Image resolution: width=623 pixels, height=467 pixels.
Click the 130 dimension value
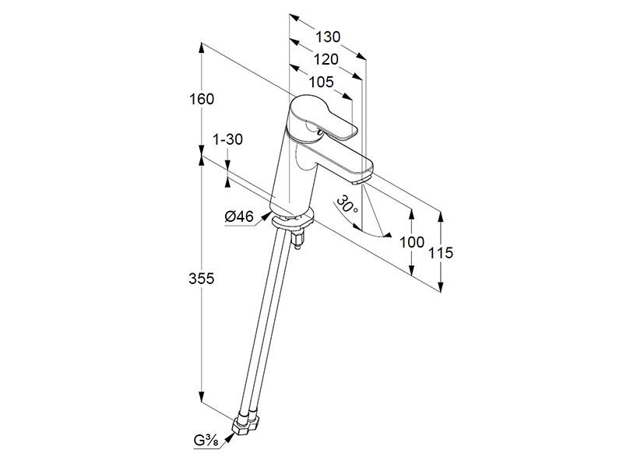point(328,37)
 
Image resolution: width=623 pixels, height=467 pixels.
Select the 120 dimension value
point(326,60)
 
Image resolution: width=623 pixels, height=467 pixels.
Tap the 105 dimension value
point(322,83)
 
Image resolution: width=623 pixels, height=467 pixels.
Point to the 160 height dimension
point(202,99)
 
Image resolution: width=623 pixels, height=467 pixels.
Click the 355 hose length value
point(202,279)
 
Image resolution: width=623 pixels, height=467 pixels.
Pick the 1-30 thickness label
point(227,140)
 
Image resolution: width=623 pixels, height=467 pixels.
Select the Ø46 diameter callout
point(239,216)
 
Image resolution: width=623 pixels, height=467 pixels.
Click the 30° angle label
point(347,204)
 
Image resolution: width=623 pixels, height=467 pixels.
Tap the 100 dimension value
point(412,242)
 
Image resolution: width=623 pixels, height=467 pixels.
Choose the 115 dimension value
point(440,252)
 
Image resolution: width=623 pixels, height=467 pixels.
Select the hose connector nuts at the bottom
point(246,425)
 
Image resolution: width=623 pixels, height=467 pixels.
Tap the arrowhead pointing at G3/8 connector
point(230,437)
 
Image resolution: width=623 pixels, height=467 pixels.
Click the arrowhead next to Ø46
point(266,216)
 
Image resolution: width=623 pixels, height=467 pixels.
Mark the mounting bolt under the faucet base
point(297,241)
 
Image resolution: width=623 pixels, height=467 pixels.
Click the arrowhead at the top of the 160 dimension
point(202,49)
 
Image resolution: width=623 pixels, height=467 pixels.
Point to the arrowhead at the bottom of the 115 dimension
point(440,286)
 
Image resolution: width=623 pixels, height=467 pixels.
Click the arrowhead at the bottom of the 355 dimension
point(202,396)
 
